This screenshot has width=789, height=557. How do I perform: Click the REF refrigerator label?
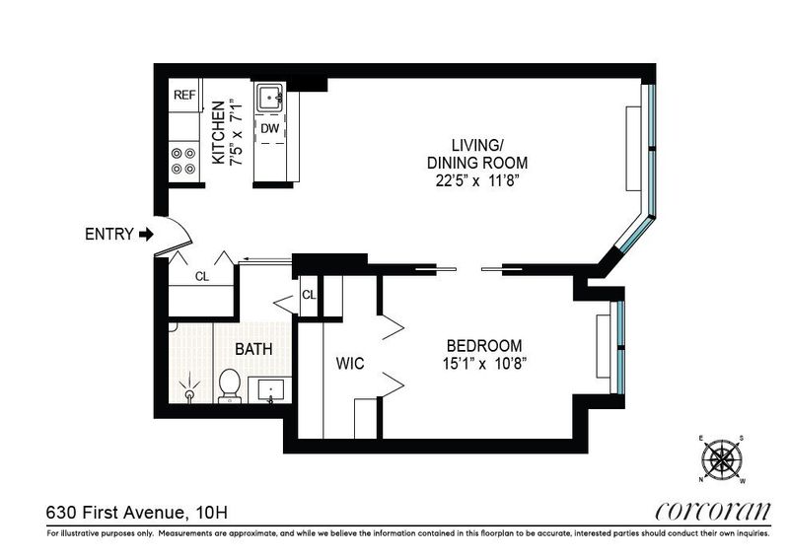[x=184, y=95]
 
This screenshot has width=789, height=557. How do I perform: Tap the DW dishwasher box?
[x=270, y=128]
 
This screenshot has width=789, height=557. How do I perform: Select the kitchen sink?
[x=270, y=98]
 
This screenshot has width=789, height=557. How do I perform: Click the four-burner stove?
[x=183, y=161]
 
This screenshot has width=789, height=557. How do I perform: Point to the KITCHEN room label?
[x=218, y=132]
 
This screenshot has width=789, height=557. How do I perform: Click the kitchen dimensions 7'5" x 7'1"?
[x=236, y=133]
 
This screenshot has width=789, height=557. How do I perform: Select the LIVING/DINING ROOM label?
[x=477, y=154]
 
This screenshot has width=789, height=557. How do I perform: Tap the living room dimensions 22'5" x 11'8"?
[x=477, y=181]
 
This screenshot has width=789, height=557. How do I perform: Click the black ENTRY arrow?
[x=146, y=234]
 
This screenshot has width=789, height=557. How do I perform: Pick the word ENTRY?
[x=109, y=234]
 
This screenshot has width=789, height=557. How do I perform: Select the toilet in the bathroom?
[x=230, y=385]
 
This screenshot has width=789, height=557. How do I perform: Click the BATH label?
[x=254, y=349]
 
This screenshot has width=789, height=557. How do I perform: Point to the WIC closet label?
[x=350, y=364]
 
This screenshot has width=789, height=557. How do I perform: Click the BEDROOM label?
[x=484, y=346]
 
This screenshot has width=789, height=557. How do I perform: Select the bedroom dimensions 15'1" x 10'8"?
[x=484, y=364]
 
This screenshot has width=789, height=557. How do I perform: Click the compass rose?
[x=722, y=458]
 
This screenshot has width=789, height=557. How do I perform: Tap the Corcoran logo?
[x=712, y=512]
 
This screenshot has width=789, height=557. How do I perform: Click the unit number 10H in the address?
[x=212, y=513]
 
